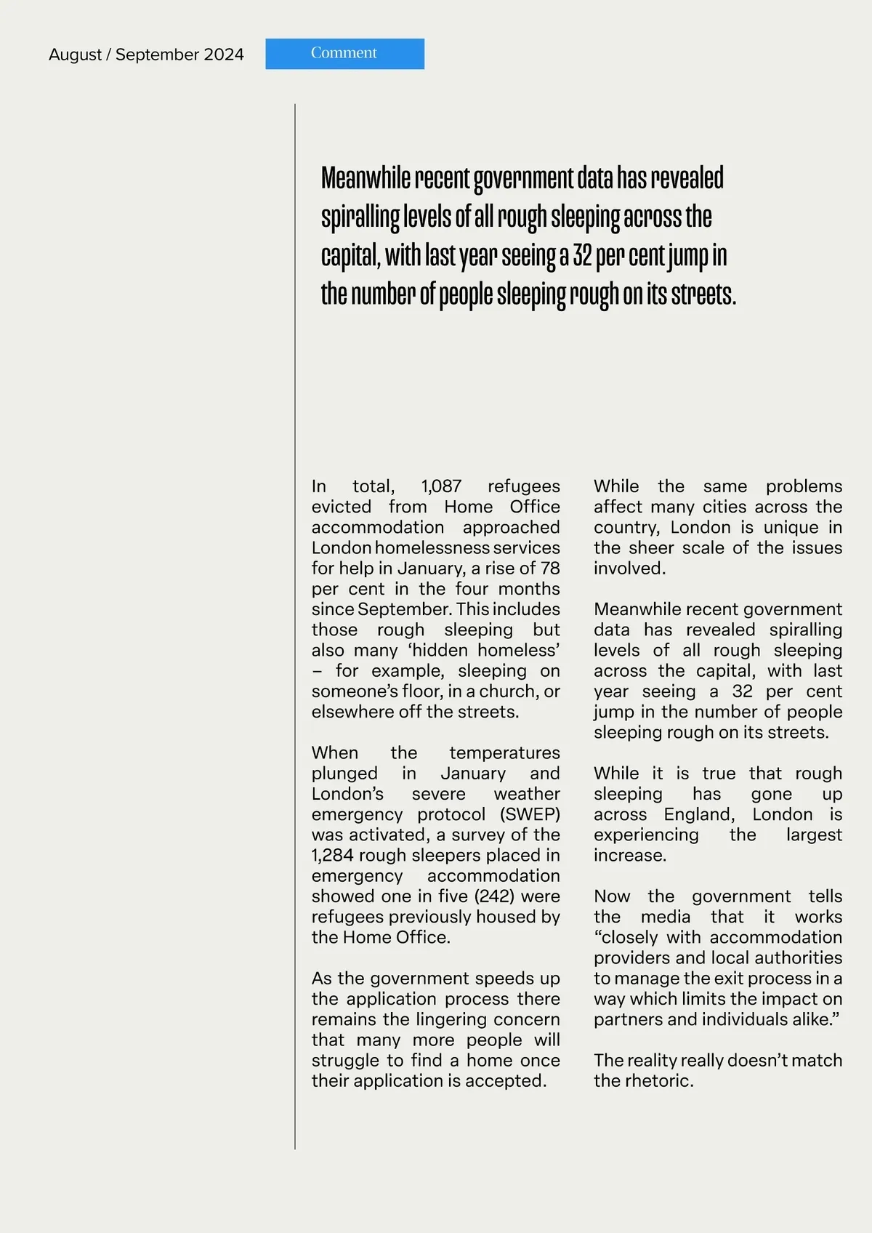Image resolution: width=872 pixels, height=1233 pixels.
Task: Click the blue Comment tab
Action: pos(344,54)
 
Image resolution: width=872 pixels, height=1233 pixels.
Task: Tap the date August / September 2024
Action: pos(146,55)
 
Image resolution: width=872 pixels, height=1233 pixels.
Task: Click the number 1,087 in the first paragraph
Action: pos(441,486)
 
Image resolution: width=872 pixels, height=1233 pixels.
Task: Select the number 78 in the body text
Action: pos(550,569)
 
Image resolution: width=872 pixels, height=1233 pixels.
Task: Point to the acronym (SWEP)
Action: pos(530,814)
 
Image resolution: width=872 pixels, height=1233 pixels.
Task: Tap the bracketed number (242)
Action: pos(495,896)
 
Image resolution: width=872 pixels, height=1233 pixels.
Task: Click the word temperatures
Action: pos(504,753)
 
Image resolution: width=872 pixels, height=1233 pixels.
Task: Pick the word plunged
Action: pos(344,774)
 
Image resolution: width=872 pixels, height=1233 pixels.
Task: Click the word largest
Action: pos(814,835)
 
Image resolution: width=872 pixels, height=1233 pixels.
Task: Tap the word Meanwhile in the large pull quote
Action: pos(366,178)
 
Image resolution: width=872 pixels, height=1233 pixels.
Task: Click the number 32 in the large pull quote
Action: pos(582,256)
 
